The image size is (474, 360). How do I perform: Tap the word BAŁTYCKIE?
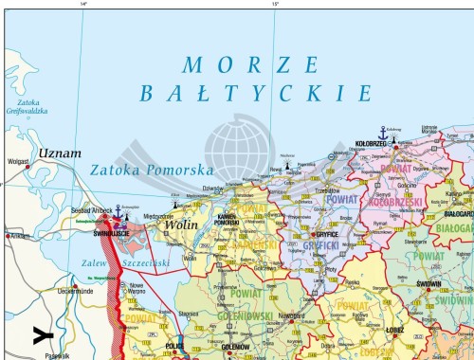pos(254,93)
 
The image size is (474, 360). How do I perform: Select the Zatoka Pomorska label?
pos(152,171)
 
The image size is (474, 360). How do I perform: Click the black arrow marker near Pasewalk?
pos(40,333)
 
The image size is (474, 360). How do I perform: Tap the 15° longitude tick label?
pos(276,5)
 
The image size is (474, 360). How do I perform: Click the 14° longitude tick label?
pos(83,5)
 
